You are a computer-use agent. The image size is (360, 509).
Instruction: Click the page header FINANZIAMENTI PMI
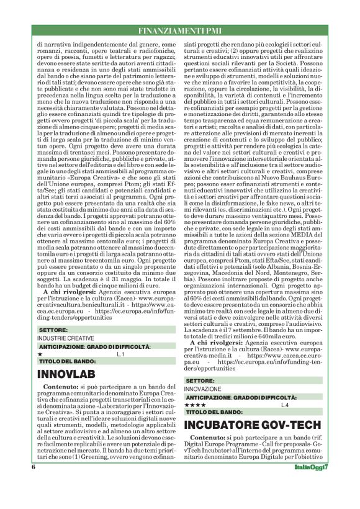coord(180,30)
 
